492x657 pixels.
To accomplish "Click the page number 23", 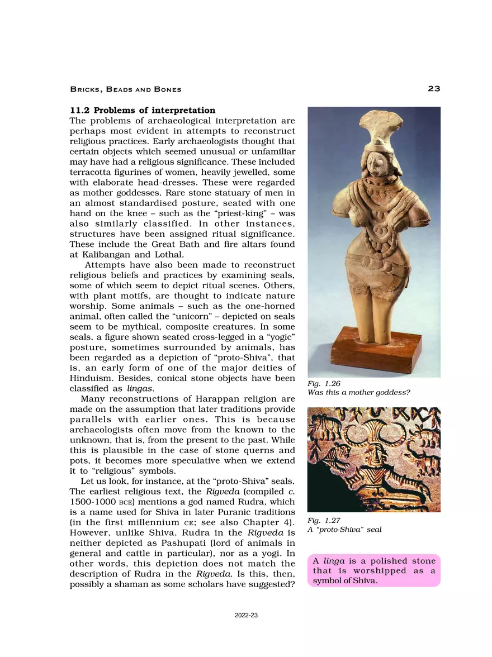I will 434,89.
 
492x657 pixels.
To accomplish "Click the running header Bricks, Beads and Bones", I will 125,89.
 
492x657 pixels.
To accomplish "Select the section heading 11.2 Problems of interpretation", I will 142,110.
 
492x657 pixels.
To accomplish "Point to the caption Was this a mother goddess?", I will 358,393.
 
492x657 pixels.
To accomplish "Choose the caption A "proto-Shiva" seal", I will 344,529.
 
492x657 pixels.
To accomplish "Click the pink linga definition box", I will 373,570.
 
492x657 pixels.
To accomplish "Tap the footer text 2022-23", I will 246,615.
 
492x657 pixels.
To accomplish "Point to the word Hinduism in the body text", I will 92,378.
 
